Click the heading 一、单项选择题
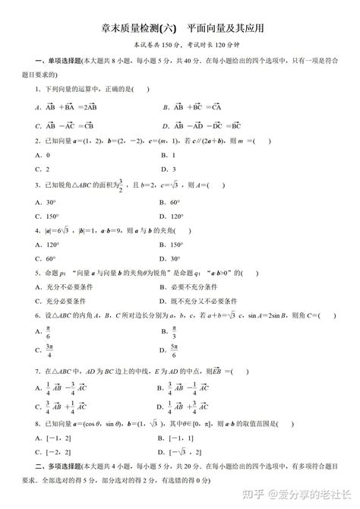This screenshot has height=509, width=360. [38, 62]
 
